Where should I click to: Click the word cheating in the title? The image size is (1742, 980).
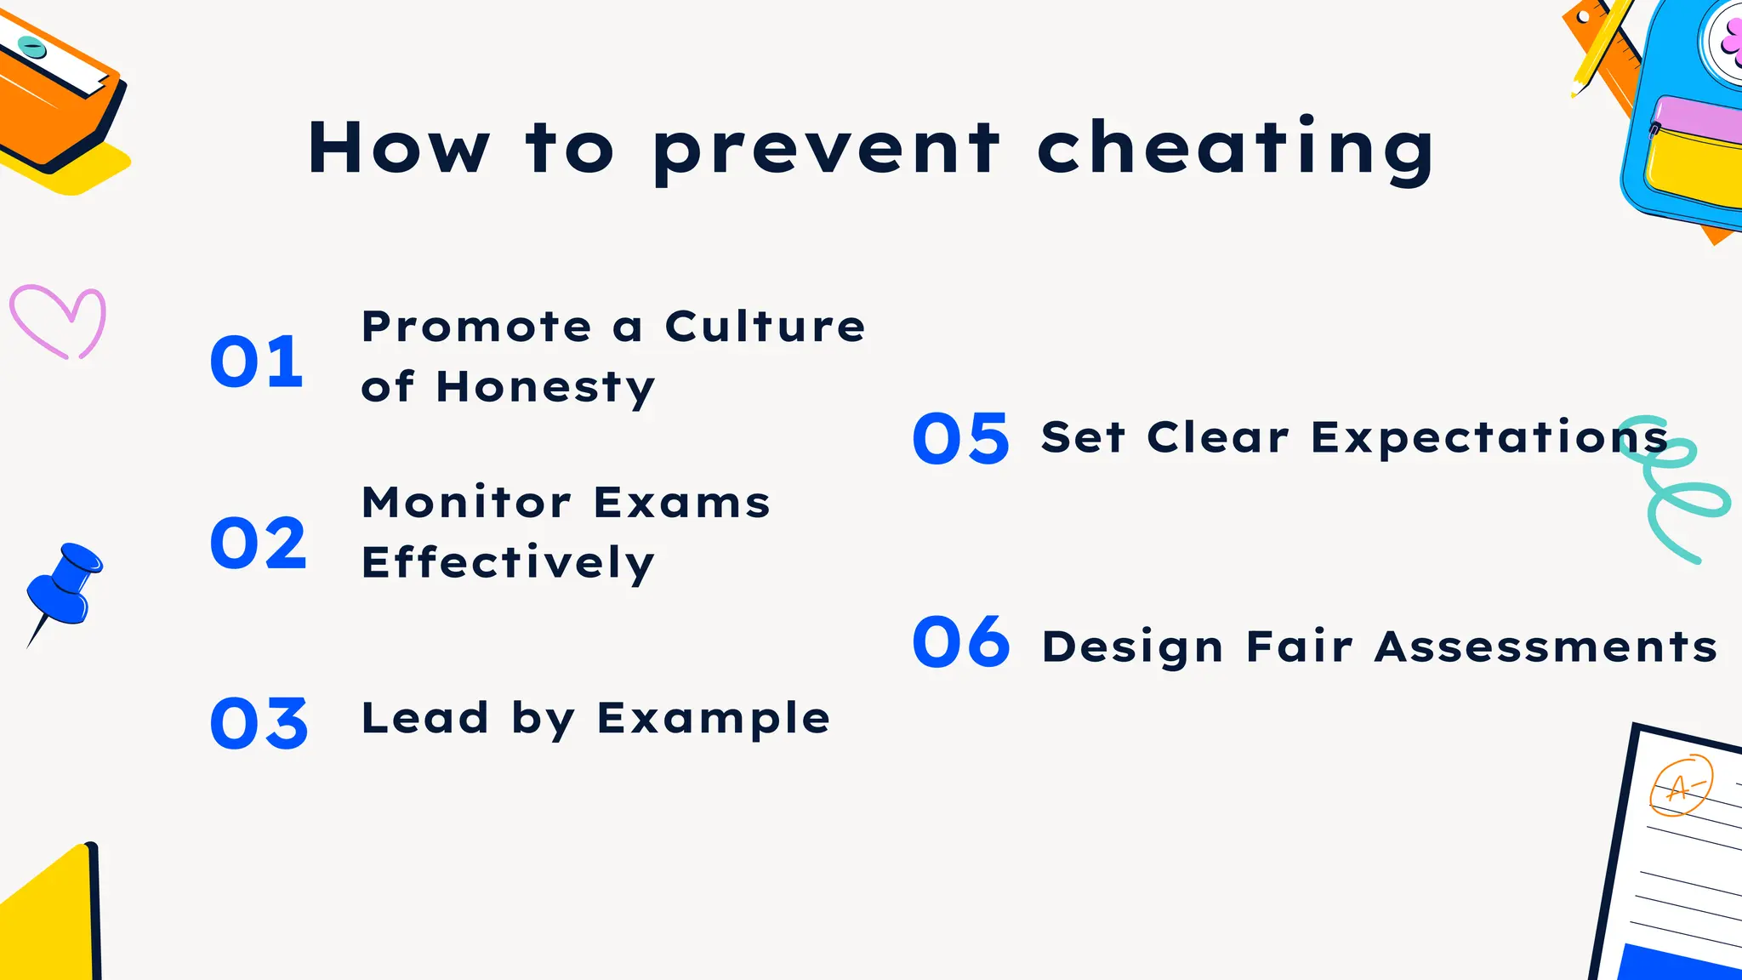1235,149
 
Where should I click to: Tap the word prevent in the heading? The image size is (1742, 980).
826,151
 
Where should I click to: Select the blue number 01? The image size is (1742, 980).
257,362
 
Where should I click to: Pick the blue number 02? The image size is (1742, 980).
259,544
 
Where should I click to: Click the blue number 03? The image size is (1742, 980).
259,724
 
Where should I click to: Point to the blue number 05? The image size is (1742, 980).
961,439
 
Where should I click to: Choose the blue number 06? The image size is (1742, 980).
961,642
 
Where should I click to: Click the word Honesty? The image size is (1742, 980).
545,388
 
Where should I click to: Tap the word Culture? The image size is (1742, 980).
765,327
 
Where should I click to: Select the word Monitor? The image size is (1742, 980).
466,502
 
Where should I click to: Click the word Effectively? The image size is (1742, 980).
508,563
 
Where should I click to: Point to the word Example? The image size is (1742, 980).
714,720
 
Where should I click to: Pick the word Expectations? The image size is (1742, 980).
1489,438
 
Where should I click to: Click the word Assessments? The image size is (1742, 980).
1546,647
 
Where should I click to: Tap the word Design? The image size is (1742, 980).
1133,647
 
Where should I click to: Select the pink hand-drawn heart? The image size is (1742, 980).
58,322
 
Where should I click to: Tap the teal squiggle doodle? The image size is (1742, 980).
1676,489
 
